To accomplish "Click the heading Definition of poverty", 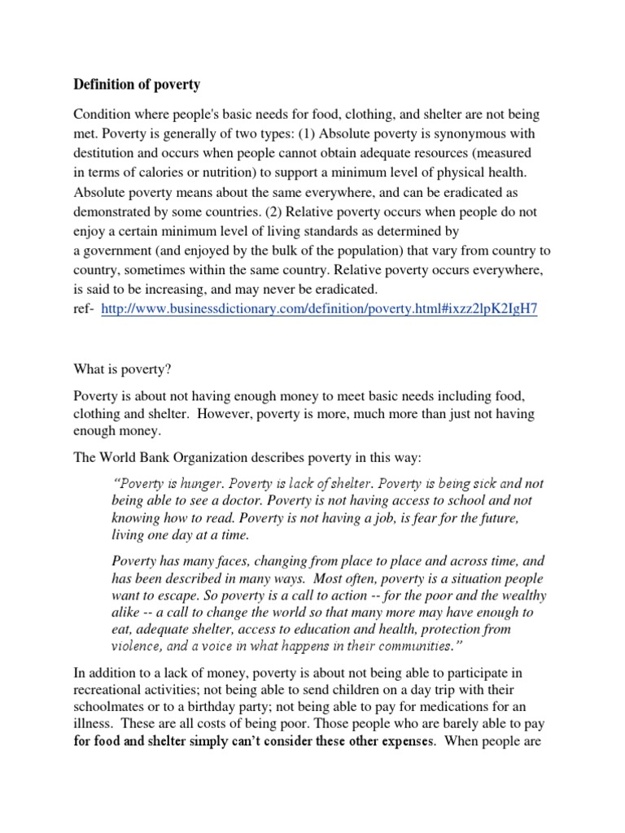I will [137, 84].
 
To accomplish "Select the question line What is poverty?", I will [122, 368].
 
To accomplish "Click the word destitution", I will [108, 153].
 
